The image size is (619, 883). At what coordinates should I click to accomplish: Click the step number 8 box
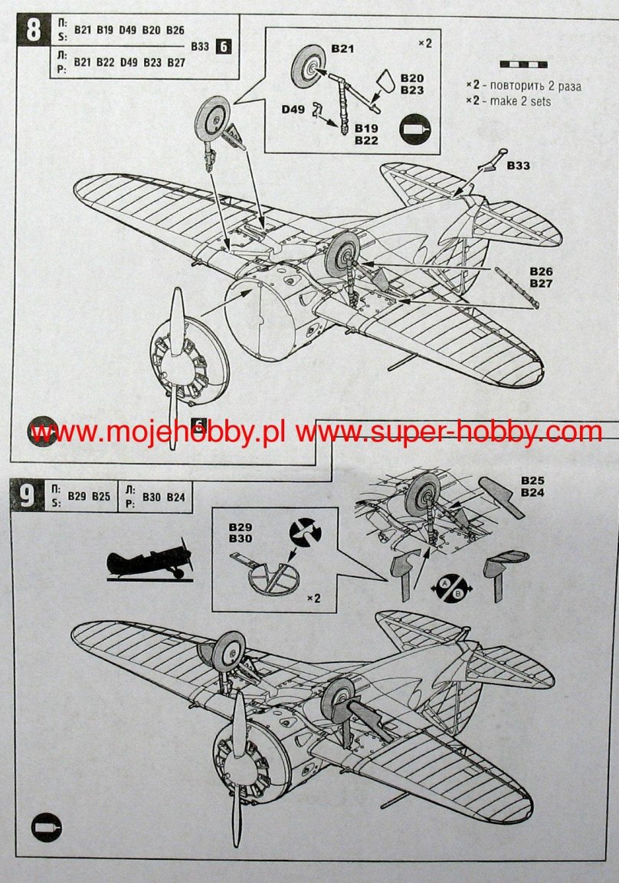point(34,31)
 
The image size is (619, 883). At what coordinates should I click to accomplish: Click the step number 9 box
point(28,496)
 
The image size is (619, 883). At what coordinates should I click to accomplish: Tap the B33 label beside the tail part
point(519,166)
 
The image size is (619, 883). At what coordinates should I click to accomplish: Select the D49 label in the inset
point(293,109)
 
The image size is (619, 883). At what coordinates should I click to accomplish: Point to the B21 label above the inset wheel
point(342,48)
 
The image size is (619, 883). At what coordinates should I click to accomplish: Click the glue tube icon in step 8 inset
point(414,130)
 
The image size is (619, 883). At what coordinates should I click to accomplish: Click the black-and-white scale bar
point(523,64)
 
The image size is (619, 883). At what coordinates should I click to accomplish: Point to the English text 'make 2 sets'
point(520,101)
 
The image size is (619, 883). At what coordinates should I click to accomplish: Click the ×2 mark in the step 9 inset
point(313,598)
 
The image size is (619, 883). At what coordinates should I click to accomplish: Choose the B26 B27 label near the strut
point(542,277)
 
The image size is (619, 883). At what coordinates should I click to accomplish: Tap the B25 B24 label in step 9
point(532,486)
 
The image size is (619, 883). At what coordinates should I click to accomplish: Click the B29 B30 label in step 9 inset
point(241,533)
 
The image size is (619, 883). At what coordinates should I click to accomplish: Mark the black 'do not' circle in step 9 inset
point(305,531)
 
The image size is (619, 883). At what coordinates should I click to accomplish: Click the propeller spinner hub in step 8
point(178,367)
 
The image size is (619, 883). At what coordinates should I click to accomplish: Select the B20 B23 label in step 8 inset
point(412,84)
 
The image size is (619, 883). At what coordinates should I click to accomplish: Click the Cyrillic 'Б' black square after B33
point(224,46)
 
